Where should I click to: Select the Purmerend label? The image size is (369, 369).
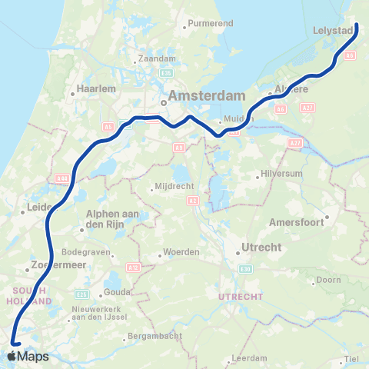pos(210,24)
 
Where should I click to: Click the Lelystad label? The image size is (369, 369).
pos(334,31)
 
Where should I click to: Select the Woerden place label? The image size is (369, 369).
pos(183,253)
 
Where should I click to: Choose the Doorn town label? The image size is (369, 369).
pos(328,280)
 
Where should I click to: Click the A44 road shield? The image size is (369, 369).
pos(61,178)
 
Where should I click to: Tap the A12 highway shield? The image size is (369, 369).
pos(135,267)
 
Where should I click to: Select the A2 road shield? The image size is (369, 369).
pos(191,201)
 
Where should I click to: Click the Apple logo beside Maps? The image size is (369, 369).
pos(12,356)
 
